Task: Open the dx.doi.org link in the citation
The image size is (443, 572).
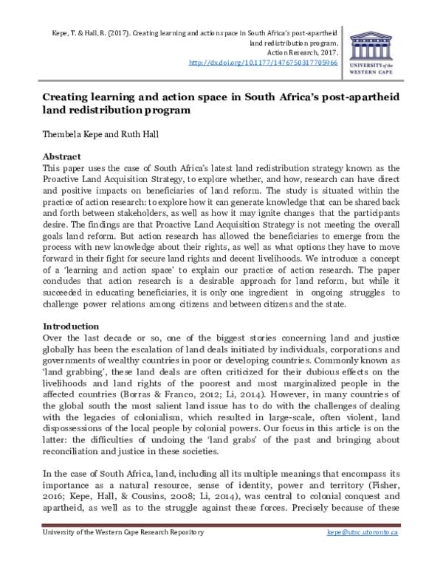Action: pos(264,63)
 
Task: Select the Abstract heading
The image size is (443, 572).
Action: pos(63,157)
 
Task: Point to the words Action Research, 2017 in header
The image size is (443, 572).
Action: pos(303,53)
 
